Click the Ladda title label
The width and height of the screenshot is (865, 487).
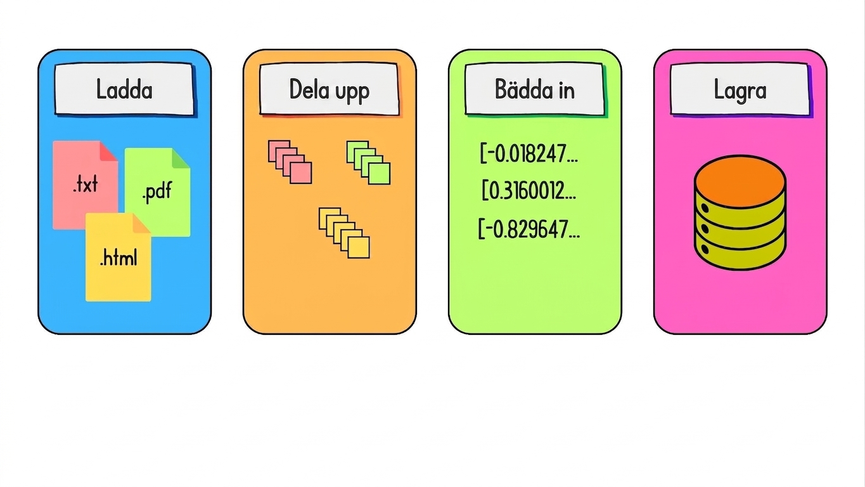click(124, 89)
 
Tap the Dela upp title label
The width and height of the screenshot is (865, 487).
click(330, 89)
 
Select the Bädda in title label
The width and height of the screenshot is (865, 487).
click(535, 89)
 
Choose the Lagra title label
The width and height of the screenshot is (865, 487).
click(740, 89)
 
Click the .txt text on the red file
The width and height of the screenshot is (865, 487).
click(86, 184)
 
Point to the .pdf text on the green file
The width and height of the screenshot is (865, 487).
click(157, 192)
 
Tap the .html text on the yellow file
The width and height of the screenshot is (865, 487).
click(118, 258)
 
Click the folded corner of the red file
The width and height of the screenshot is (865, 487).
click(108, 151)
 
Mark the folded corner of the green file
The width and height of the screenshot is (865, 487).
click(181, 159)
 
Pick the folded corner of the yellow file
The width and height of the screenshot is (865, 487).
click(142, 223)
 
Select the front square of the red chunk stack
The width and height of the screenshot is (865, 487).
click(301, 172)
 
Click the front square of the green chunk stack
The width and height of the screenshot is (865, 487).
click(379, 174)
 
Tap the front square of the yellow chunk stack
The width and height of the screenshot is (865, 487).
click(359, 247)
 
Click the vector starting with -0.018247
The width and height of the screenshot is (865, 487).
click(529, 153)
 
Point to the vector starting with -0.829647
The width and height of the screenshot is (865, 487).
click(529, 229)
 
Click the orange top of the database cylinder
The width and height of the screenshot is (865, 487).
click(740, 181)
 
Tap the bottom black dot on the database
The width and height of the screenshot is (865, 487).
click(705, 249)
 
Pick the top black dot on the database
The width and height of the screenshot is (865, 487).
click(705, 209)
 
